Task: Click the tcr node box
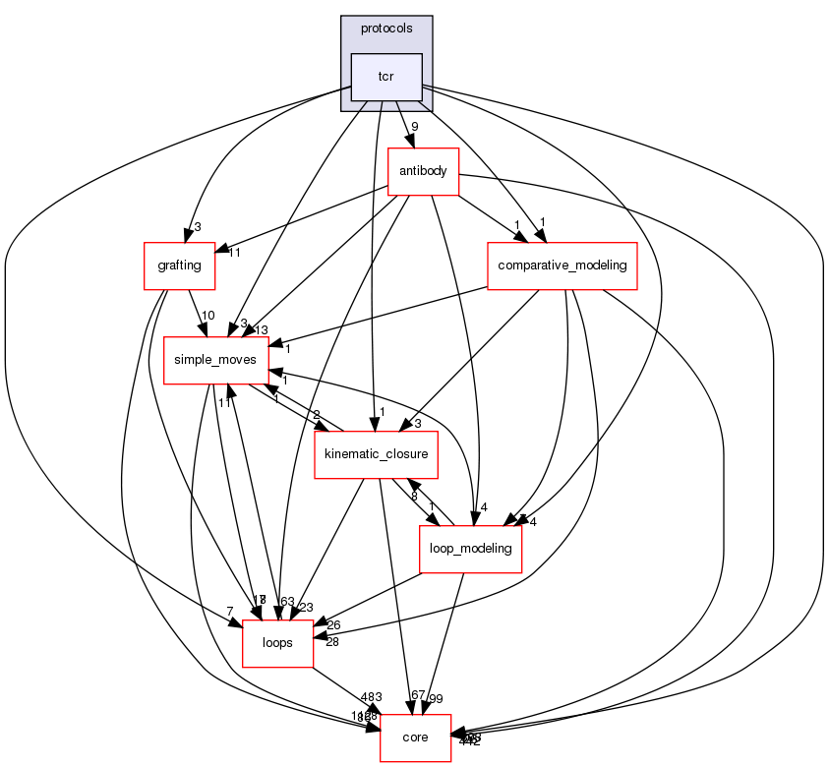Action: pyautogui.click(x=386, y=77)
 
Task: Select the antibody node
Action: pyautogui.click(x=423, y=171)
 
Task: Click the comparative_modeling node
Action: pyautogui.click(x=563, y=265)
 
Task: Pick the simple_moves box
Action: pyautogui.click(x=215, y=360)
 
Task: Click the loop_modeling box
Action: pyautogui.click(x=470, y=548)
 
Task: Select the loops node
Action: pyautogui.click(x=277, y=643)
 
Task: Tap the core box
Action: pyautogui.click(x=416, y=737)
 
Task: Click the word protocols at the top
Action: pyautogui.click(x=386, y=29)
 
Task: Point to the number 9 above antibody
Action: pyautogui.click(x=415, y=127)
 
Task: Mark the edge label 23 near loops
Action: pyautogui.click(x=305, y=608)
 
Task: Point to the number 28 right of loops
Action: pyautogui.click(x=330, y=642)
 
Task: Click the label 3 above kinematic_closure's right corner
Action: pyautogui.click(x=417, y=423)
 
